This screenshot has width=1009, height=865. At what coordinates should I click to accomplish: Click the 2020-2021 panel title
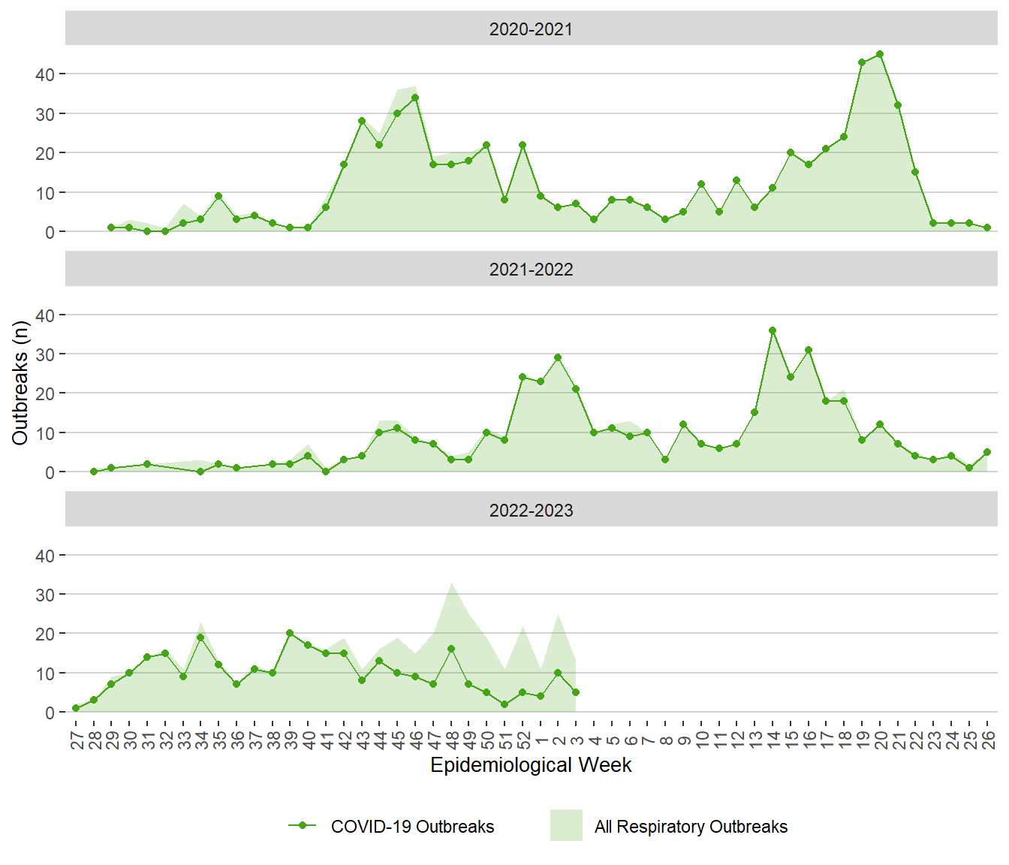pos(531,29)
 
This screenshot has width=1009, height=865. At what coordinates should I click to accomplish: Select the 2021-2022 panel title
pos(531,270)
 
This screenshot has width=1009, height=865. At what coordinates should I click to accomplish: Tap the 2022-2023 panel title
pos(531,511)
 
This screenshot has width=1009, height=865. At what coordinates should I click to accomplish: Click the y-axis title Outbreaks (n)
pos(20,383)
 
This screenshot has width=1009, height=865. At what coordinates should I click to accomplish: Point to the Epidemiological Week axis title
pos(531,765)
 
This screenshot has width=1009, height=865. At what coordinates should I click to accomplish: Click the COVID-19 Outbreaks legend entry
pos(412,827)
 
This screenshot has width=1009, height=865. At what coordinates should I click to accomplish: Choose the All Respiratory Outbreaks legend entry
pos(691,827)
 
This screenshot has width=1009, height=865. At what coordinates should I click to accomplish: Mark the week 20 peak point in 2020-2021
pos(880,54)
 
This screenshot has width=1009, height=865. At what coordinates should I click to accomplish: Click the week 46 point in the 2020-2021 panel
pos(415,98)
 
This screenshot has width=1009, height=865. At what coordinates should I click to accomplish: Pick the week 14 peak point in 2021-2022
pos(773,330)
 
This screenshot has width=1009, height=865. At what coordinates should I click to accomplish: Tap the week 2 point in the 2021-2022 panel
pos(558,357)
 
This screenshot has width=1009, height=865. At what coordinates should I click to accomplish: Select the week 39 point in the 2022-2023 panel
pos(290,633)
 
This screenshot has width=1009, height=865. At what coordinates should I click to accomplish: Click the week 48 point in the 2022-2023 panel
pos(451,649)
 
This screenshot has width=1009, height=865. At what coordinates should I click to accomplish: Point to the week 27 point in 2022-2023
pos(76,708)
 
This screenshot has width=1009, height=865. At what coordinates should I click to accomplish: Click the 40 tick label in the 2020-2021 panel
pos(44,74)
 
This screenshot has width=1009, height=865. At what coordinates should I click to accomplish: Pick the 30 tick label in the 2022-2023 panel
pos(44,595)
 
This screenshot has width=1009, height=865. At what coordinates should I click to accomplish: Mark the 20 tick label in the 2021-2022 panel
pos(44,393)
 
